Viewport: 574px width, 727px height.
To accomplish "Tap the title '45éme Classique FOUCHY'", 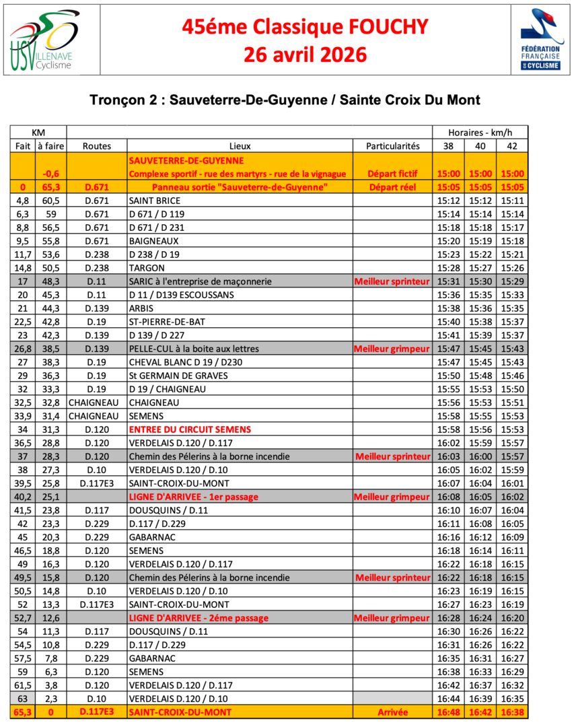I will coord(305,27).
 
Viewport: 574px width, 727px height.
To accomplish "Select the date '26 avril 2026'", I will coord(305,54).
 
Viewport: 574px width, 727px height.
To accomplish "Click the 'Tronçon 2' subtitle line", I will coord(285,100).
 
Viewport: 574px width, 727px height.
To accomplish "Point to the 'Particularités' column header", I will coord(392,145).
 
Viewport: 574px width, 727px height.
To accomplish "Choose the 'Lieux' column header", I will coord(240,145).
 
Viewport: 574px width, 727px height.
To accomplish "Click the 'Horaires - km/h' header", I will coord(479,132).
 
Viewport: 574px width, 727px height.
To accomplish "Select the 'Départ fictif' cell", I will coord(392,174).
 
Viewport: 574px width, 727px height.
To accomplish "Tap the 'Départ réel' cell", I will coord(392,186).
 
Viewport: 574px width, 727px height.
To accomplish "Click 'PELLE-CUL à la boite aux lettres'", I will coord(194,349).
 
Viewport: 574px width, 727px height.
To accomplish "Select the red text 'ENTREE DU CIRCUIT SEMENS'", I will coord(190,429).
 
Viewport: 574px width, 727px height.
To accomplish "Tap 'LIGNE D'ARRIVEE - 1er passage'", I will coord(193,497).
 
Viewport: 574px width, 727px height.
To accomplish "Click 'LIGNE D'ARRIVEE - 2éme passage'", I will coord(198,618).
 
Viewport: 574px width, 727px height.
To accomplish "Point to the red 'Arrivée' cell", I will coord(392,712).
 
